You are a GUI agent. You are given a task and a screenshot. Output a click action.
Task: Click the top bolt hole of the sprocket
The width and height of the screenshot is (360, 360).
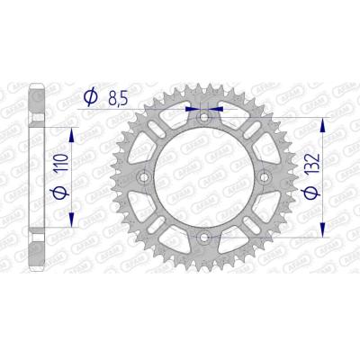[x=203, y=117]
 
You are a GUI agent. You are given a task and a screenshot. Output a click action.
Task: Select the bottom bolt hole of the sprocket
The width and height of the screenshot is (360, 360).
[x=203, y=237]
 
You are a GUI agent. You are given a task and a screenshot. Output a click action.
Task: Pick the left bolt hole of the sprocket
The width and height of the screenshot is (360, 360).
[x=144, y=177]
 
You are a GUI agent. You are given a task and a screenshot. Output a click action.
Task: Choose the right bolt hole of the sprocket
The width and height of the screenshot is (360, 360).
[x=264, y=177]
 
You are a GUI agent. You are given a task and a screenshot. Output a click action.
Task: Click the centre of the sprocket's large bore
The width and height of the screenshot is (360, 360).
[x=203, y=177]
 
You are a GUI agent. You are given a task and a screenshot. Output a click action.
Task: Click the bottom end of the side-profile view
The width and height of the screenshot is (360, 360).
[x=37, y=269]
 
